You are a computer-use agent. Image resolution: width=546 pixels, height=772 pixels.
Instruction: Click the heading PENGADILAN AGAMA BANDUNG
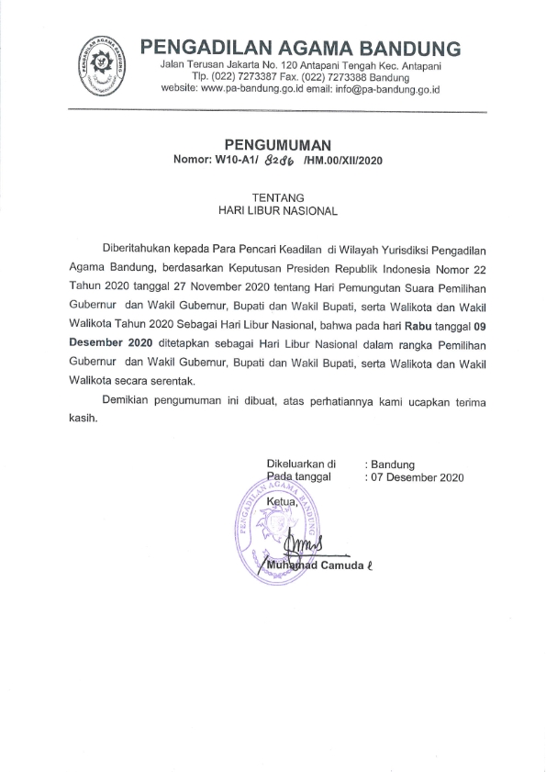(x=300, y=48)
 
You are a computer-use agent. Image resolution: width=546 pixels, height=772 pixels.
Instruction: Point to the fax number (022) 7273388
(x=334, y=78)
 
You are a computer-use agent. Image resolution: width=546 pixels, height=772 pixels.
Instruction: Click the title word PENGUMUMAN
(x=276, y=144)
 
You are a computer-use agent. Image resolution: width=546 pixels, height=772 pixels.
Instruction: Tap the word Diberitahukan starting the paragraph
(x=141, y=251)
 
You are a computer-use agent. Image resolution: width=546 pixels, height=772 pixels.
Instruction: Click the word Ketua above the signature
(x=282, y=504)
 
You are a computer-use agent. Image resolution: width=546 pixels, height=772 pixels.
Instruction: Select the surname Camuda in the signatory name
(x=340, y=565)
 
